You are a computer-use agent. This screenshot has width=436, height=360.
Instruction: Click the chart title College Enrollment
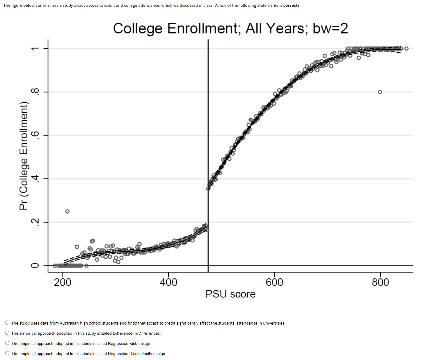tap(230, 28)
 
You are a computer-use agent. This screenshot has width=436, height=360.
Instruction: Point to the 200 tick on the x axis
tap(63, 282)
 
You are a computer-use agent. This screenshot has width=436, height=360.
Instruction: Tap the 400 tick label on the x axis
tap(168, 282)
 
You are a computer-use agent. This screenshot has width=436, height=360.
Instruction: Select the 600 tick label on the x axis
tap(274, 282)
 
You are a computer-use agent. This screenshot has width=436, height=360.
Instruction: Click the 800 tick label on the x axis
tap(380, 282)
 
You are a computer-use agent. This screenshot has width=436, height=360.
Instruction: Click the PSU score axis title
tap(230, 294)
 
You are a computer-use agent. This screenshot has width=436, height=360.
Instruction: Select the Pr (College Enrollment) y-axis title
tap(24, 156)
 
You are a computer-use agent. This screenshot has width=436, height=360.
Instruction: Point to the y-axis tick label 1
tap(35, 48)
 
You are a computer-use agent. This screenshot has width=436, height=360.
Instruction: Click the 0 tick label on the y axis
tap(35, 265)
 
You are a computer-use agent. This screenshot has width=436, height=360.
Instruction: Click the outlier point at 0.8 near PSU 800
tap(380, 92)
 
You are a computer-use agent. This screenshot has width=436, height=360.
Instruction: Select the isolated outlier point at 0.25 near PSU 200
tap(67, 211)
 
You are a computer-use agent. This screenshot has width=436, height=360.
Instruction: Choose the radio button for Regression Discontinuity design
tap(7, 353)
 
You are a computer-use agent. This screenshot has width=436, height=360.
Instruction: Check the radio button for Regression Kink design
tap(7, 343)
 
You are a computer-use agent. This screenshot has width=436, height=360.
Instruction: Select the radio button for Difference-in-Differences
tap(7, 333)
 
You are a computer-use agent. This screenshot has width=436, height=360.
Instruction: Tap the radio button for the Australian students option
tap(7, 323)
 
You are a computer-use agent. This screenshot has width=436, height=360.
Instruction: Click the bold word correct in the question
tap(290, 6)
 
